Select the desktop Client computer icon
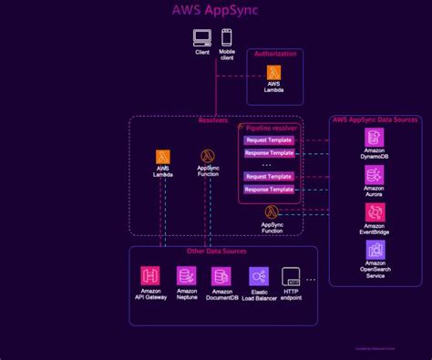pyautogui.click(x=202, y=38)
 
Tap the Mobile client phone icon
pyautogui.click(x=226, y=38)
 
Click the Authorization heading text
pyautogui.click(x=274, y=55)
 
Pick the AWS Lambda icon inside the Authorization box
pyautogui.click(x=273, y=73)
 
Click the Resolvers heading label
pyautogui.click(x=213, y=120)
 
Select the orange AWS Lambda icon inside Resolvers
pyautogui.click(x=164, y=157)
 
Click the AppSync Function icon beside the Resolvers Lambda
pyautogui.click(x=208, y=157)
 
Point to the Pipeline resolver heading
pyautogui.click(x=271, y=129)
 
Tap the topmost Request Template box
pyautogui.click(x=269, y=140)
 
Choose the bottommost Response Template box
pyautogui.click(x=269, y=190)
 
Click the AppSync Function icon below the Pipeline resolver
pyautogui.click(x=272, y=212)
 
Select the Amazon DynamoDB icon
pyautogui.click(x=375, y=138)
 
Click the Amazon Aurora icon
pyautogui.click(x=375, y=174)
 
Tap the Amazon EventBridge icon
pyautogui.click(x=375, y=212)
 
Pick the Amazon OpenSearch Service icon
pyautogui.click(x=375, y=250)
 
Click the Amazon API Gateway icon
pyautogui.click(x=150, y=276)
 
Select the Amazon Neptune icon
pyautogui.click(x=186, y=276)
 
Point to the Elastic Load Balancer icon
pyautogui.click(x=259, y=276)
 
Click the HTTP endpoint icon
pyautogui.click(x=292, y=276)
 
